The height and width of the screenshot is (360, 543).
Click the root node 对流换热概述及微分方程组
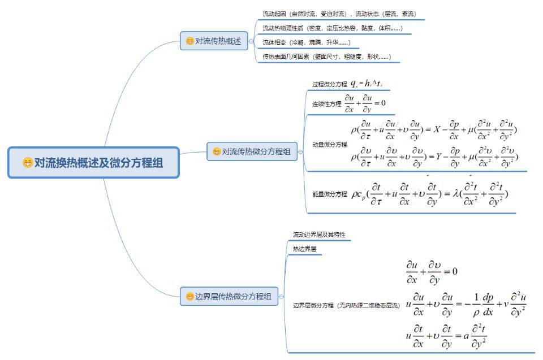[x=93, y=163]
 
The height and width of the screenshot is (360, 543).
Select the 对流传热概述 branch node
[x=214, y=41]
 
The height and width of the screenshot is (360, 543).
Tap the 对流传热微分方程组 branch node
[x=252, y=151]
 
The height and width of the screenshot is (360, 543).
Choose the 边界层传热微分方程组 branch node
[x=229, y=296]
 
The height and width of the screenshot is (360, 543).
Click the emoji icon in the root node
[x=28, y=163]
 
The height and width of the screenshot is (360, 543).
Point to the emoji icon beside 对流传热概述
[x=189, y=41]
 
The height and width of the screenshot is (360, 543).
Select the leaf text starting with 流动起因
[x=339, y=14]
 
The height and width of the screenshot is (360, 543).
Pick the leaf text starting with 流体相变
[x=306, y=42]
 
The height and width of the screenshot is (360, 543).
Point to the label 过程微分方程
[x=329, y=84]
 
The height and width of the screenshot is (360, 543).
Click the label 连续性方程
[x=326, y=104]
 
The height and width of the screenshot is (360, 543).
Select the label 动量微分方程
[x=329, y=145]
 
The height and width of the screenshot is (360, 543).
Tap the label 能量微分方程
[x=329, y=194]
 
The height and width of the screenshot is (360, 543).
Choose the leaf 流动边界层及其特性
[x=319, y=235]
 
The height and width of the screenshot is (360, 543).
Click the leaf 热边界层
[x=304, y=249]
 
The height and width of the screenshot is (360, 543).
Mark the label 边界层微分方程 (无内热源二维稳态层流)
[x=345, y=305]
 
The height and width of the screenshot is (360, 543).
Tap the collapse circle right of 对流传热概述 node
[x=251, y=41]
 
